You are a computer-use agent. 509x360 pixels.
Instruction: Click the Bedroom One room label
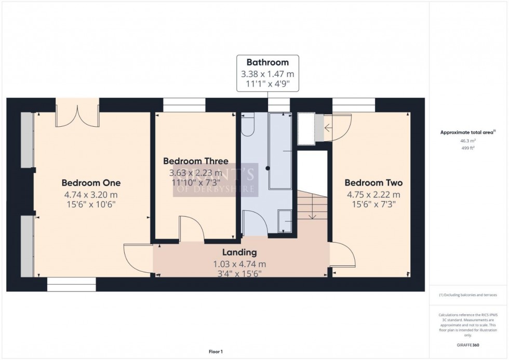click(x=91, y=183)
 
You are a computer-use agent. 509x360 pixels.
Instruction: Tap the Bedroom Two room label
click(x=373, y=183)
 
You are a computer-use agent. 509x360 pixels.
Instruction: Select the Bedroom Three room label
click(x=195, y=161)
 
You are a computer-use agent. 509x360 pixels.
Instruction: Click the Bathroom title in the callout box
click(x=267, y=63)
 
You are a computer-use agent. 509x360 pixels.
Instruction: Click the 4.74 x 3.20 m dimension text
click(x=91, y=195)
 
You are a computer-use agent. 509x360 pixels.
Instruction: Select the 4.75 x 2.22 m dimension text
click(x=373, y=195)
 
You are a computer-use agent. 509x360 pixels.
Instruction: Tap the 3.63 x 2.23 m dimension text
click(x=195, y=172)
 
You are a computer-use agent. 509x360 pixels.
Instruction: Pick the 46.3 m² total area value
click(x=468, y=141)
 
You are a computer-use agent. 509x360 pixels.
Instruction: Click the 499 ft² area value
click(x=468, y=148)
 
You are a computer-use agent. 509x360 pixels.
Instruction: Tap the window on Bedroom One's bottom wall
click(x=71, y=284)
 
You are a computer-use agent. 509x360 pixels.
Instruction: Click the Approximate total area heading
click(x=468, y=132)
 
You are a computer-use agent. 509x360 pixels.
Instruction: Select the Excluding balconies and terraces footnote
click(x=468, y=295)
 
